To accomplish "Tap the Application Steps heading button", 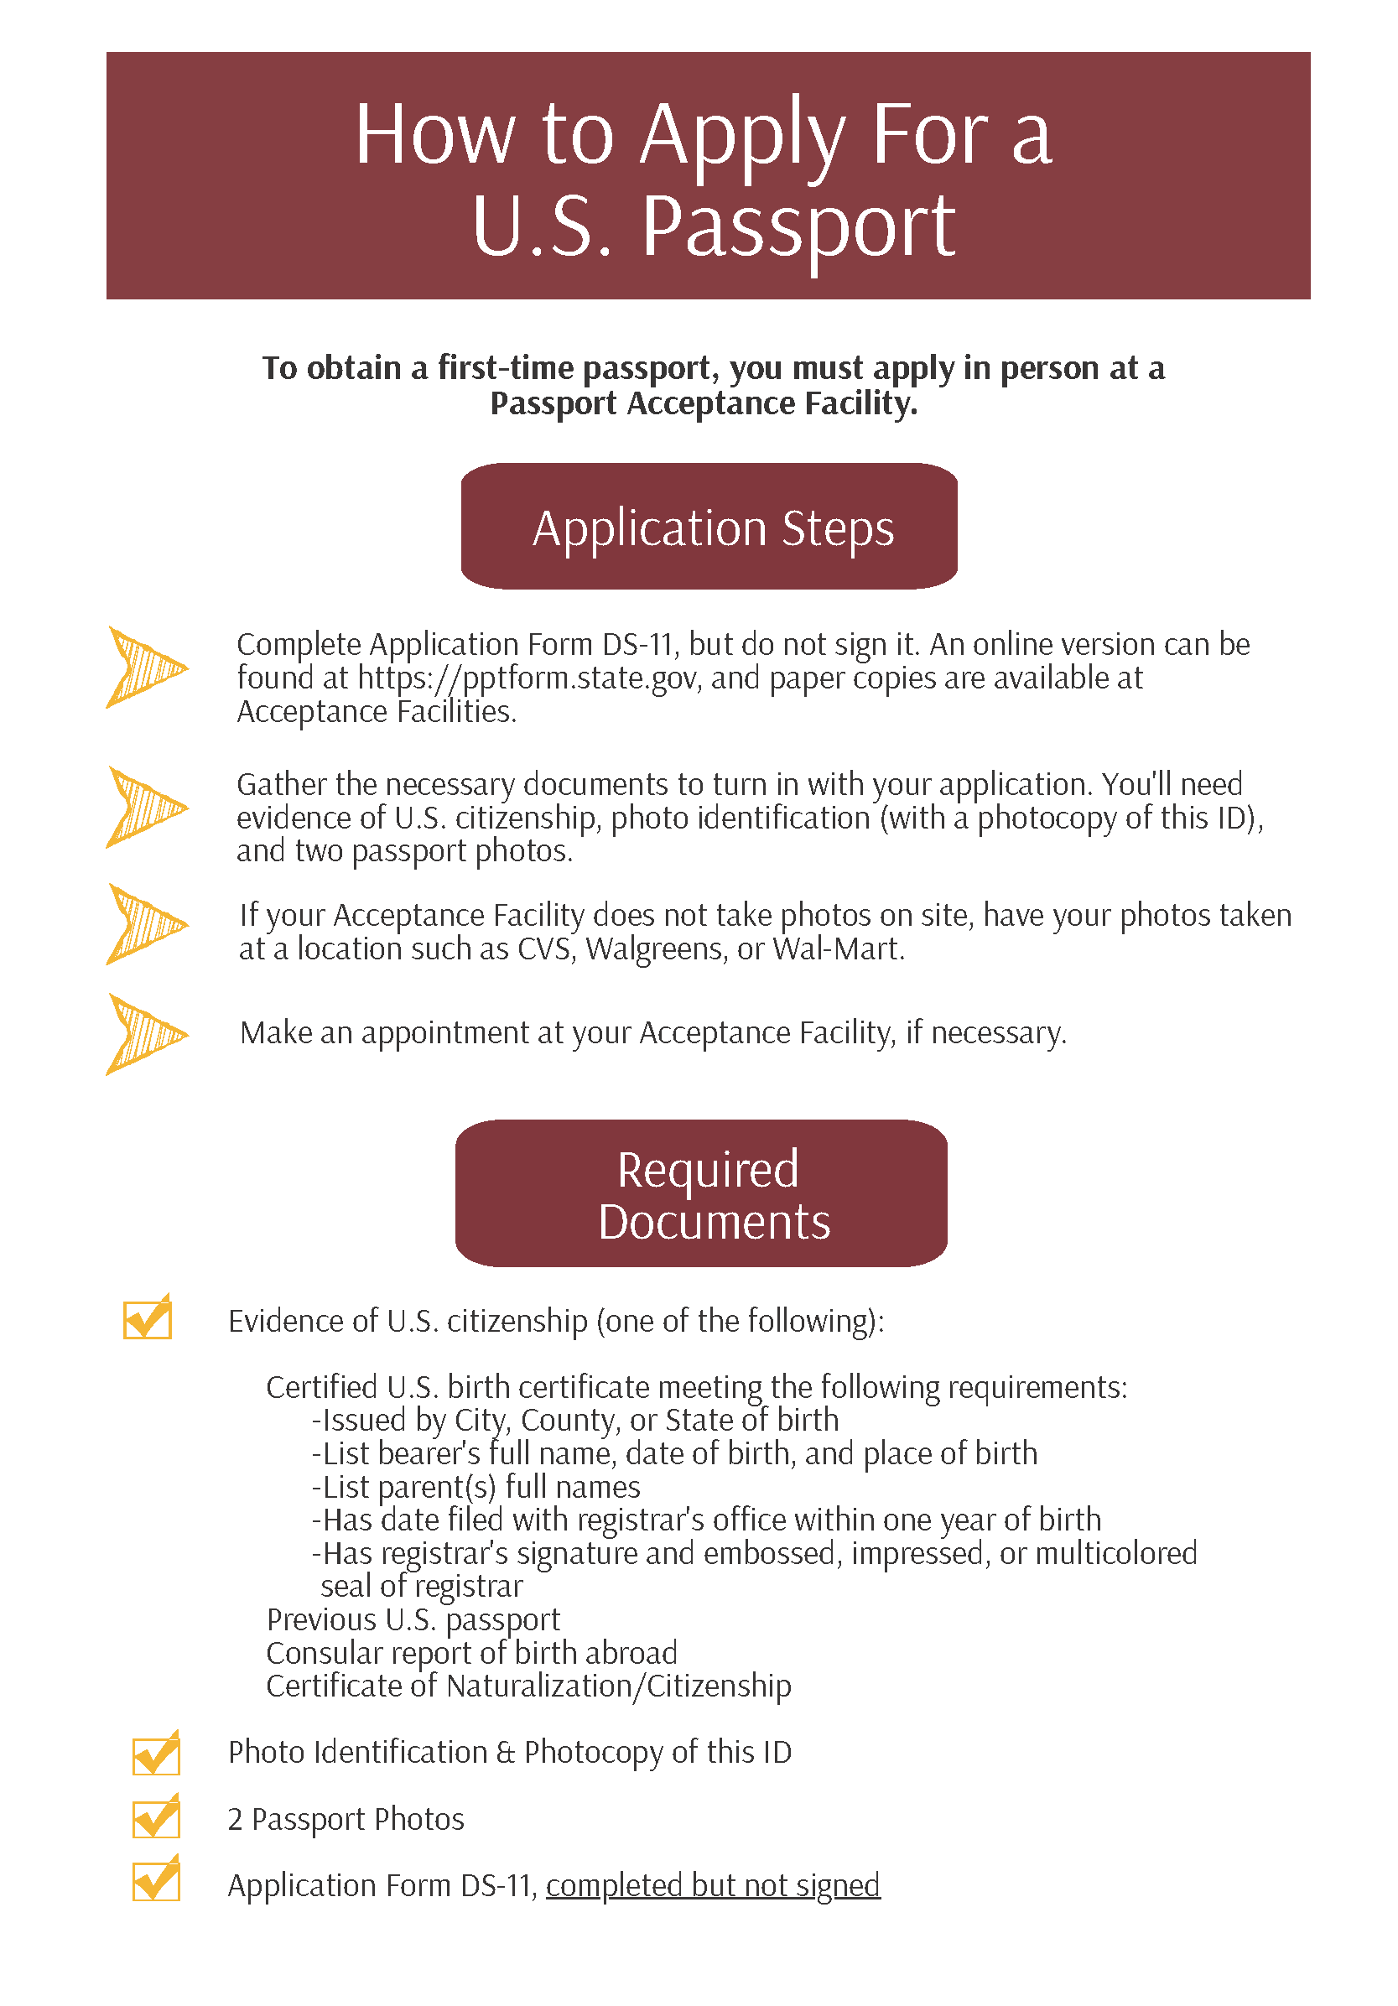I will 709,526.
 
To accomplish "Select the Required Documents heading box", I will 701,1193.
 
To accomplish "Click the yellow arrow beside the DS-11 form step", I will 144,668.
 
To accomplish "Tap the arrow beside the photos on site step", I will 144,923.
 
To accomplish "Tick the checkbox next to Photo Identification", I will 155,1754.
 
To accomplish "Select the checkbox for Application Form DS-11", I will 155,1880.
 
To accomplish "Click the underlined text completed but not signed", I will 712,1885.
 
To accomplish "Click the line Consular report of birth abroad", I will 471,1653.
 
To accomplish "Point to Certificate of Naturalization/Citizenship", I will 527,1686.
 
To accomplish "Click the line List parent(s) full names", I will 476,1487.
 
